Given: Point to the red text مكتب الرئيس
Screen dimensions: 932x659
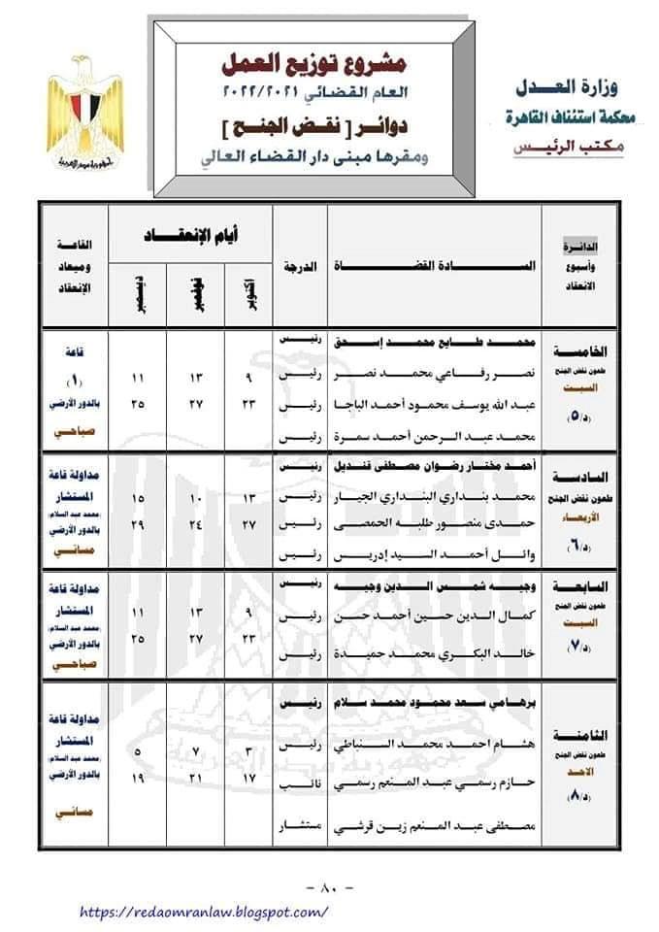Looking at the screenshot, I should click(560, 147).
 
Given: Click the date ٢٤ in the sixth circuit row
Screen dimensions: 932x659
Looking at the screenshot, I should click(192, 524).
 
